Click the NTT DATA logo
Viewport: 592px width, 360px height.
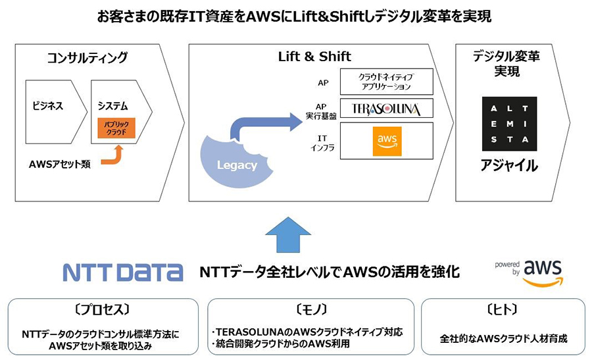click(x=122, y=272)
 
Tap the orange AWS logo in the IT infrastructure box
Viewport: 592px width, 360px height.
click(x=387, y=141)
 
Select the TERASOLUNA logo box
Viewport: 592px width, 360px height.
click(x=386, y=108)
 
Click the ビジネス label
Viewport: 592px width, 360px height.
click(x=48, y=106)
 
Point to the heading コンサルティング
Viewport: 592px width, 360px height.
click(x=87, y=57)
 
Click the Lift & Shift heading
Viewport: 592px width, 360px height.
click(x=314, y=57)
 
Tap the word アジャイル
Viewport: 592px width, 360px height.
click(x=508, y=166)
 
